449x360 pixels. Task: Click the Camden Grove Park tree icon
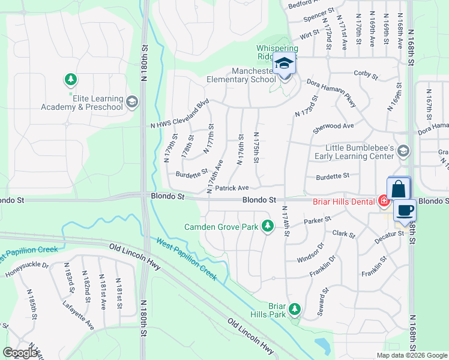pyautogui.click(x=268, y=226)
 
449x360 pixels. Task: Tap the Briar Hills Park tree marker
pyautogui.click(x=294, y=309)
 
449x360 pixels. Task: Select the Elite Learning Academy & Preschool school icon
pyautogui.click(x=133, y=103)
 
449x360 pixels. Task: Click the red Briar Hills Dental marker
pyautogui.click(x=383, y=201)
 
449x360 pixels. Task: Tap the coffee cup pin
pyautogui.click(x=405, y=211)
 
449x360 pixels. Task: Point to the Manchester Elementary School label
pyautogui.click(x=241, y=75)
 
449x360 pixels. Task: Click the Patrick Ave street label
pyautogui.click(x=232, y=188)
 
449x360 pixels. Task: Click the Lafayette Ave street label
pyautogui.click(x=78, y=316)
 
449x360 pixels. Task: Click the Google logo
pyautogui.click(x=21, y=353)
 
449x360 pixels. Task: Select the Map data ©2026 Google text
pyautogui.click(x=411, y=355)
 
